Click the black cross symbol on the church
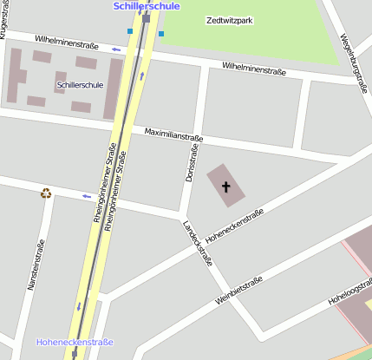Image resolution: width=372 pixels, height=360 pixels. [227, 186]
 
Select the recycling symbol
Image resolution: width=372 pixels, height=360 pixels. [46, 193]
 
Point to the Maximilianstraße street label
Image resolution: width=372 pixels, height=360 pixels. [173, 135]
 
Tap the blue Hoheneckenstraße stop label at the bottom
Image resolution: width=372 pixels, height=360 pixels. [75, 343]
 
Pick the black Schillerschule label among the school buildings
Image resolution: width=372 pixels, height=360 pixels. [80, 86]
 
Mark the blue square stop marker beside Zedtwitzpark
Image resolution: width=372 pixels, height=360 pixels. [160, 35]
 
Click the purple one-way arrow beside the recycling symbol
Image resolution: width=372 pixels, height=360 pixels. [86, 196]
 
